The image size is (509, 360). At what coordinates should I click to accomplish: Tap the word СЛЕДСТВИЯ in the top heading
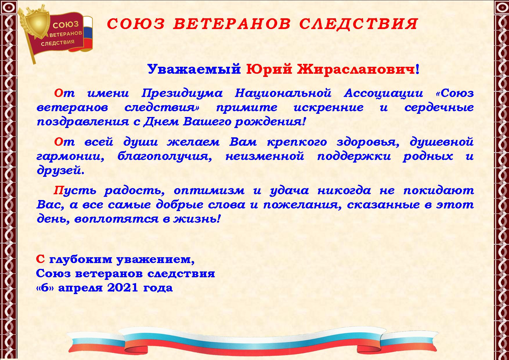coord(358,24)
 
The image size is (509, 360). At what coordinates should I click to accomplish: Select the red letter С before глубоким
coord(40,259)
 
